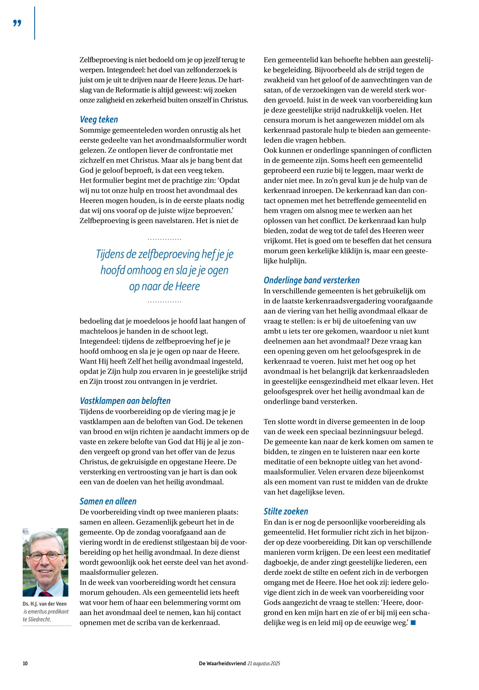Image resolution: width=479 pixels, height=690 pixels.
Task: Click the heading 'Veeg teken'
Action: pyautogui.click(x=99, y=120)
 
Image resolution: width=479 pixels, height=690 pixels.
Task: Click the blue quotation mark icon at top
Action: pyautogui.click(x=17, y=23)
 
